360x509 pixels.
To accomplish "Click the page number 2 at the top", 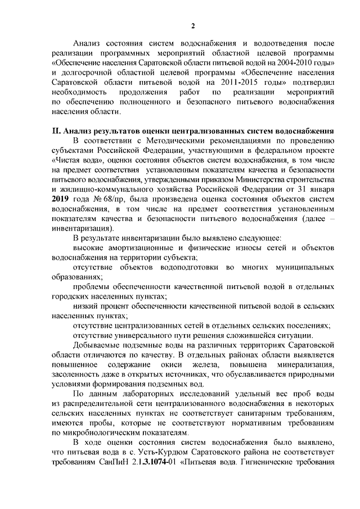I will click(193, 26).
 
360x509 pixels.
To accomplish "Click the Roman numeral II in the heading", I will click(56, 131).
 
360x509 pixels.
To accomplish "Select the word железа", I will click(195, 366).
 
